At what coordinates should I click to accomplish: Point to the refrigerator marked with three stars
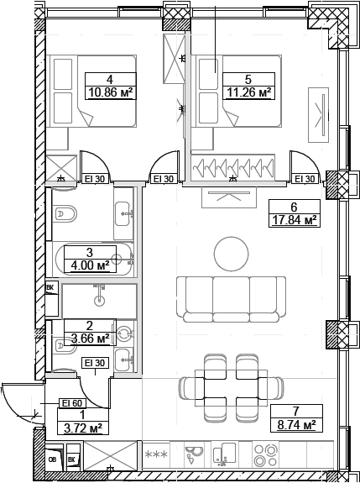click(157, 456)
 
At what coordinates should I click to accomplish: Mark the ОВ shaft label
click(52, 459)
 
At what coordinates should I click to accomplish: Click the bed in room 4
click(92, 92)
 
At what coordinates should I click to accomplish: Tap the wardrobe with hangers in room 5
click(234, 169)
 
